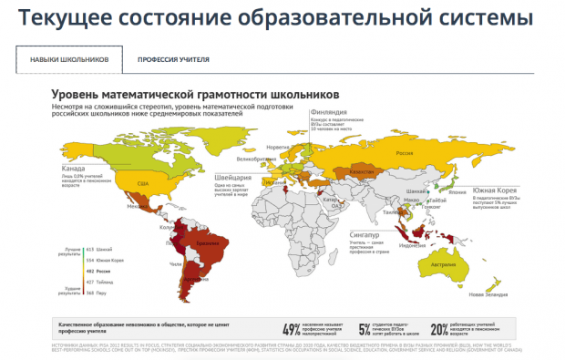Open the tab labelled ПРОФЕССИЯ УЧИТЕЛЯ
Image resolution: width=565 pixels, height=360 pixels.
click(x=173, y=59)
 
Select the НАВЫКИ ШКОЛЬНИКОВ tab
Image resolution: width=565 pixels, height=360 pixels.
click(x=69, y=59)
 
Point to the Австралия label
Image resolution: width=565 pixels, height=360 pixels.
click(x=443, y=264)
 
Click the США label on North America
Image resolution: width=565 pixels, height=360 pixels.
click(x=142, y=184)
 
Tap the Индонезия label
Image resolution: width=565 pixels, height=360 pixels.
click(x=413, y=243)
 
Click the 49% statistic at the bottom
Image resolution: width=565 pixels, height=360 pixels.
click(x=292, y=329)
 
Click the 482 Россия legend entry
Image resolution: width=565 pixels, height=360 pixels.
click(x=98, y=271)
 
